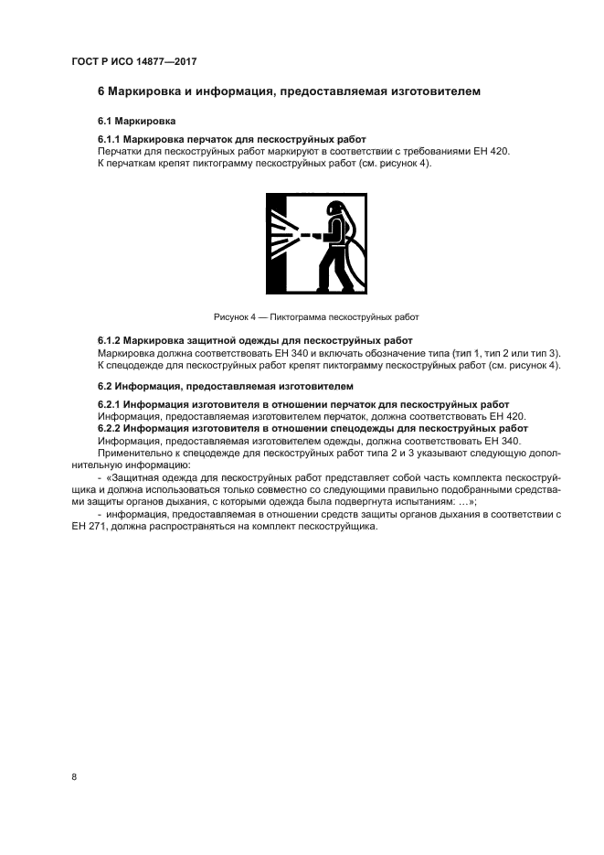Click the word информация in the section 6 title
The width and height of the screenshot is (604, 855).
tap(225, 91)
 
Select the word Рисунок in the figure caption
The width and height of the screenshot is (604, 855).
tap(231, 317)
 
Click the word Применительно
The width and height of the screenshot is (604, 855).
tap(134, 451)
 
